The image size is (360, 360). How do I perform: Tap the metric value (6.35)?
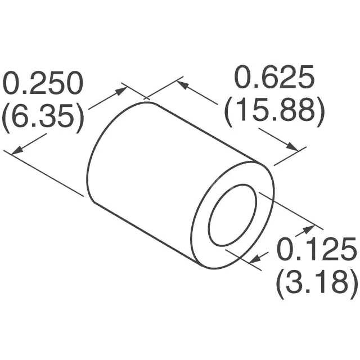[x=43, y=117]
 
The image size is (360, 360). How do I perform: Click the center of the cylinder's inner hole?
[x=232, y=214]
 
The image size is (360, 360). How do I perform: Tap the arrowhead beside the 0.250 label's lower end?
[x=17, y=150]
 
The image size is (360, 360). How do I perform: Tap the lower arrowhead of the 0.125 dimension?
[x=256, y=259]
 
